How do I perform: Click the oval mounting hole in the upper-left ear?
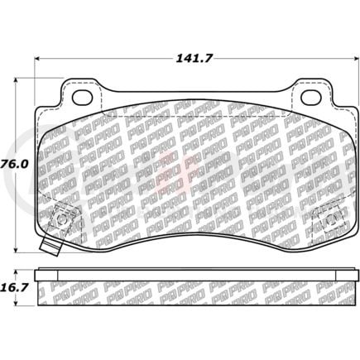point(83,97)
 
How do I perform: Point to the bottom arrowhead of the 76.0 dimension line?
point(19,251)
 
